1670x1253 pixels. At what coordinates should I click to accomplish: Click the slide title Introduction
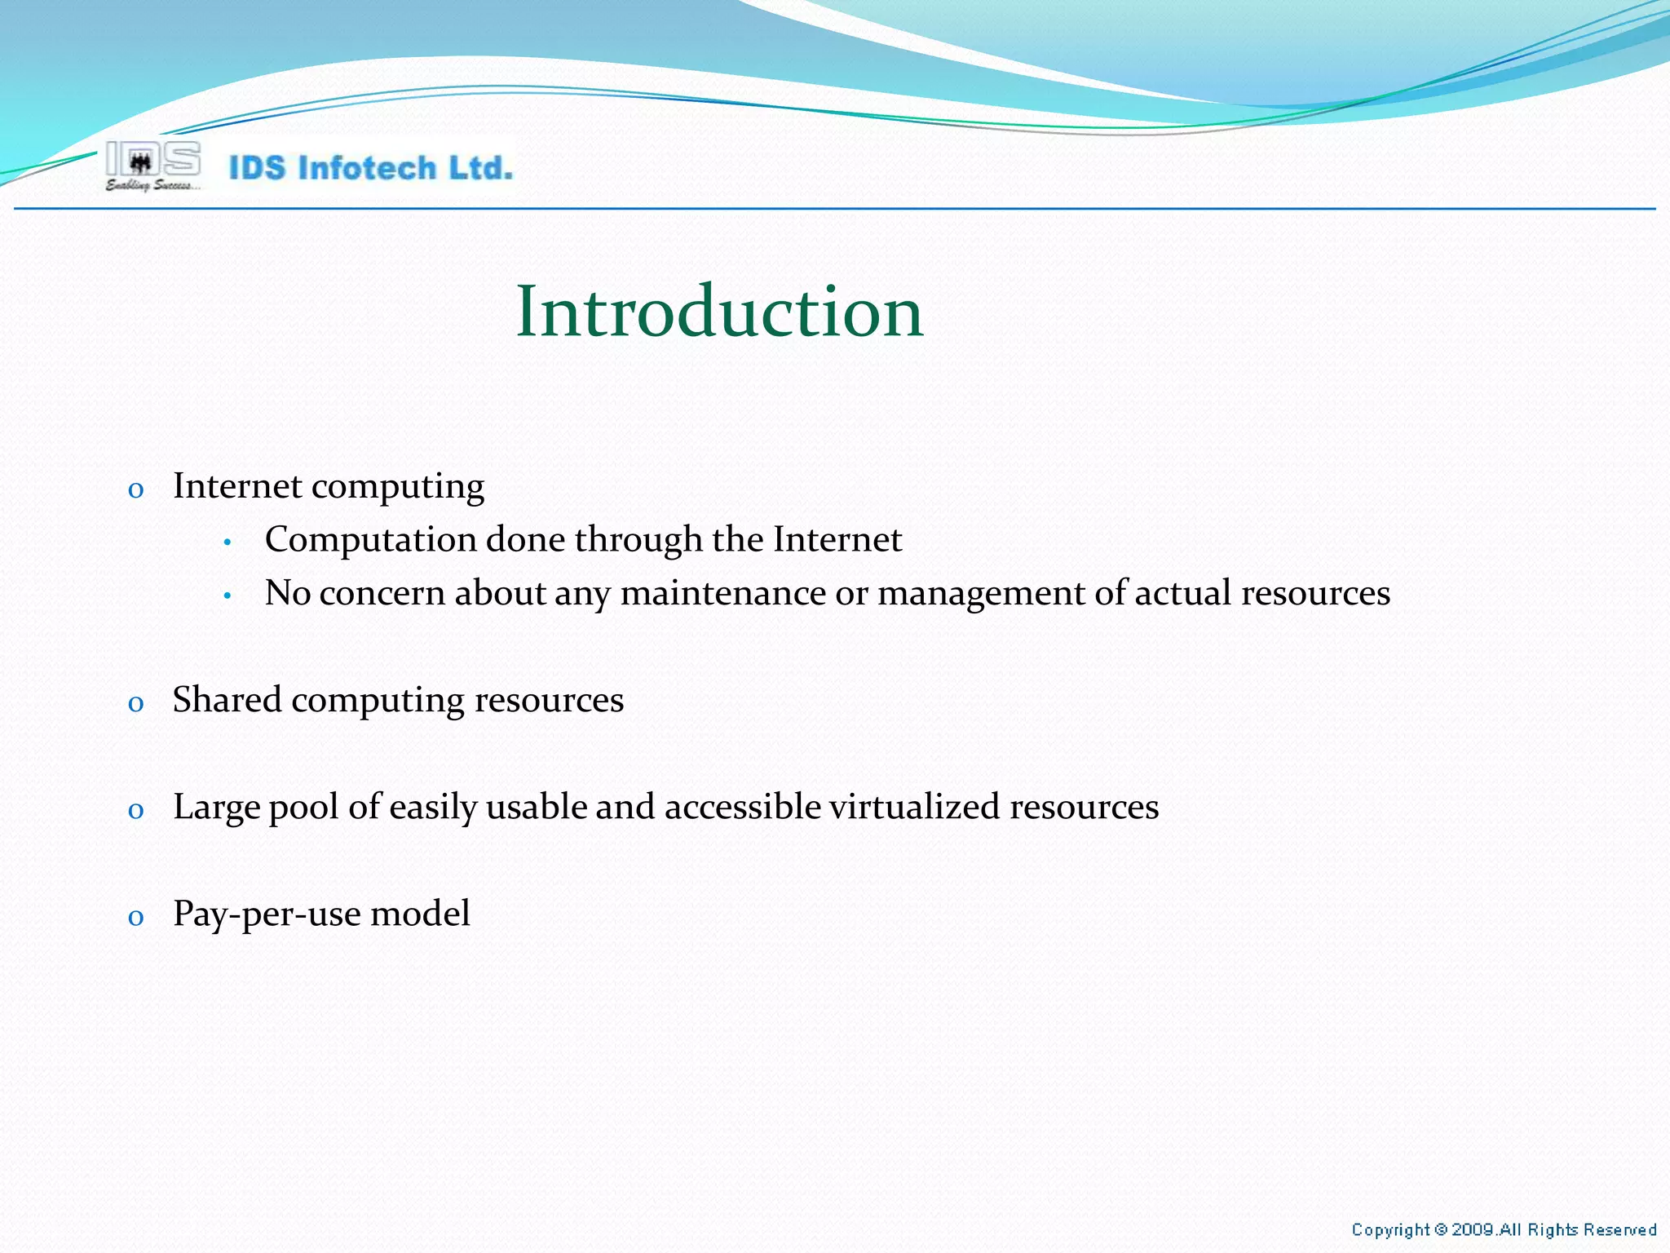click(x=719, y=312)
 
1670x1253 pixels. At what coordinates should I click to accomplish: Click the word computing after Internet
click(x=398, y=488)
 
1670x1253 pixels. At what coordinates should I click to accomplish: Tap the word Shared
click(x=227, y=700)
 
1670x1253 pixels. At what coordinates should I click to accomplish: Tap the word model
click(x=421, y=914)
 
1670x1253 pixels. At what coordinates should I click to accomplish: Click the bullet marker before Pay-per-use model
click(x=136, y=918)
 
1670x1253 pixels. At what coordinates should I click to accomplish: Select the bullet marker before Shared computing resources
click(x=136, y=704)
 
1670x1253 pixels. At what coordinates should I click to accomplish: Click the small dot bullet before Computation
click(x=228, y=542)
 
